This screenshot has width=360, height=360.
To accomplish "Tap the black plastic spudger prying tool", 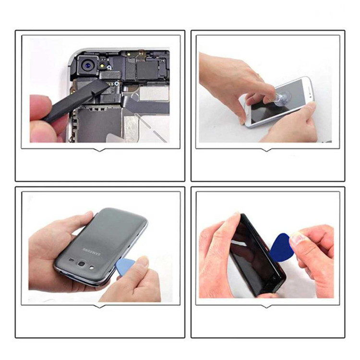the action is pos(76,100).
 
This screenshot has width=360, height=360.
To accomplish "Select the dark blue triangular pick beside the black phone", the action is pos(281,248).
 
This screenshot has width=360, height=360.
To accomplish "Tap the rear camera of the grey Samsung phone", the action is pos(82,264).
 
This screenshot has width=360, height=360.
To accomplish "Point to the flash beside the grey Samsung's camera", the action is pos(92,268).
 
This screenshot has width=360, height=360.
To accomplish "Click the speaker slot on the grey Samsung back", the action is pos(72,260).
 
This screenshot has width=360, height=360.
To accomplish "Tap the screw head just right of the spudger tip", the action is pos(117,84).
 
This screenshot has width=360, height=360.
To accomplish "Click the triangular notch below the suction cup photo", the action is pos(266,150).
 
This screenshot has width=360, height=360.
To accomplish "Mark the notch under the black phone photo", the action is pos(266,306).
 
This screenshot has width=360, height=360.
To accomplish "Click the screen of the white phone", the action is pos(278,101).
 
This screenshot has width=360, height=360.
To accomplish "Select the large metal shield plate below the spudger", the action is pos(99,124).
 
